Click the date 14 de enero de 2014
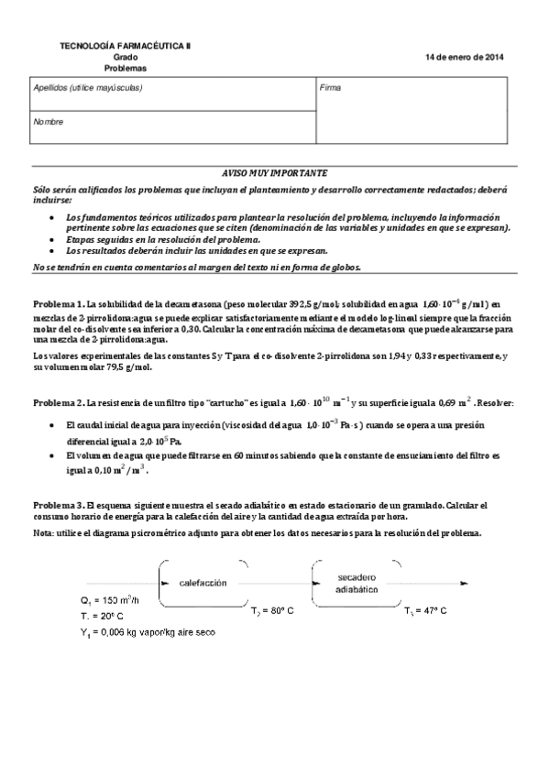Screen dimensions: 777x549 [x=465, y=57]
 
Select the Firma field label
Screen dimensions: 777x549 [x=330, y=88]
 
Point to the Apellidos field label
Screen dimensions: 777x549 [x=87, y=88]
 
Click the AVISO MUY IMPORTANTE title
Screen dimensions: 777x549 [x=275, y=172]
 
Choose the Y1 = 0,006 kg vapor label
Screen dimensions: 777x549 [x=148, y=632]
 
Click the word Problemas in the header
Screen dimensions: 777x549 [x=126, y=69]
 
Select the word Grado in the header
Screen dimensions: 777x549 [x=126, y=57]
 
